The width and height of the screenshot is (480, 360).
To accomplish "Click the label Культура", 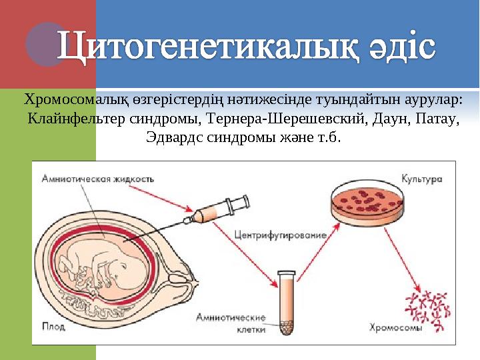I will coord(421,179).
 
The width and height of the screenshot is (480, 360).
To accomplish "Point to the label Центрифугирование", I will coord(280,235).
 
